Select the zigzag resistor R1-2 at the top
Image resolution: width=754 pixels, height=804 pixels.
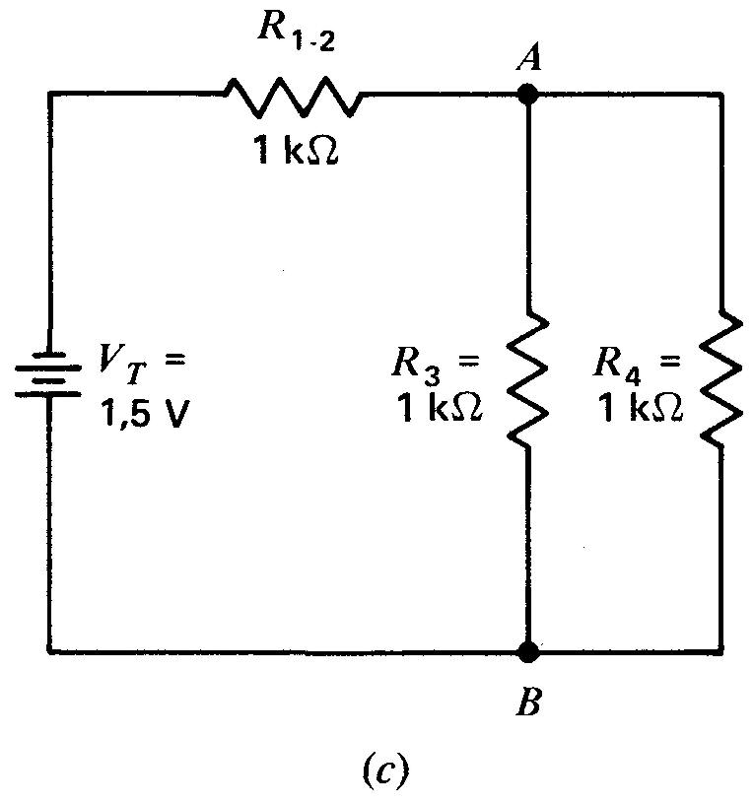[x=293, y=95]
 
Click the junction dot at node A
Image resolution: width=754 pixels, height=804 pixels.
[x=529, y=95]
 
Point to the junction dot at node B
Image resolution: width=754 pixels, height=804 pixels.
[x=529, y=650]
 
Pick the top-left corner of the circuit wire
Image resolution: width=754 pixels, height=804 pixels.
[x=48, y=95]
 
